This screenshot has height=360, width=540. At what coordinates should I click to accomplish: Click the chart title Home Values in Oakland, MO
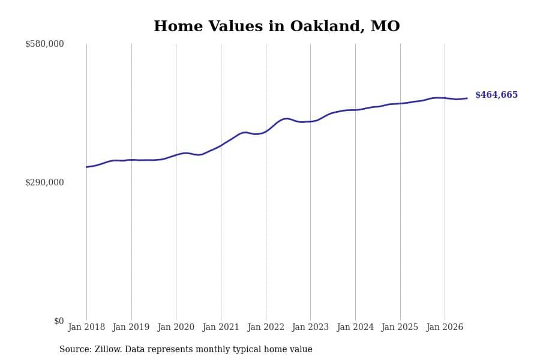(x=277, y=26)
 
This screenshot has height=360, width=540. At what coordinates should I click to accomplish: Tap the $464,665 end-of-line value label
(x=496, y=95)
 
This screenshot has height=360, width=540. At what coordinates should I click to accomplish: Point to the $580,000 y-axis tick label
(x=44, y=44)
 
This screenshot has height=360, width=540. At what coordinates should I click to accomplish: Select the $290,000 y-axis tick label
(x=44, y=182)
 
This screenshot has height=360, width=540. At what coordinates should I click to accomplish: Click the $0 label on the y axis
(x=59, y=321)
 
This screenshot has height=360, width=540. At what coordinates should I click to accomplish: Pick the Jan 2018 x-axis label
(x=86, y=327)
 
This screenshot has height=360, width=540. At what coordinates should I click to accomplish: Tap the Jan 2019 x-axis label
(x=131, y=327)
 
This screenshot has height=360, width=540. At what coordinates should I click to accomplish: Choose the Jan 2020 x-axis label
(x=176, y=327)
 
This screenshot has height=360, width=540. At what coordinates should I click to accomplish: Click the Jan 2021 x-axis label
(x=221, y=327)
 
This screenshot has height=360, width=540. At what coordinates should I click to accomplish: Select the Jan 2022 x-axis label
(x=266, y=327)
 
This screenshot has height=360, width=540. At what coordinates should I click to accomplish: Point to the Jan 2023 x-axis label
(x=310, y=327)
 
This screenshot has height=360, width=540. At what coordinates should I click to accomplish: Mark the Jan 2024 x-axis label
(x=355, y=327)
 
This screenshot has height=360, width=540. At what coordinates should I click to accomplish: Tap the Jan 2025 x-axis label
(x=400, y=327)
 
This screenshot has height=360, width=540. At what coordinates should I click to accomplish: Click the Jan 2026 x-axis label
(x=445, y=327)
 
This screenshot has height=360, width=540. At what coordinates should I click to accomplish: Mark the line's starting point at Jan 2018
(x=86, y=167)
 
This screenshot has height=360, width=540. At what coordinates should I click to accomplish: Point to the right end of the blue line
(x=467, y=98)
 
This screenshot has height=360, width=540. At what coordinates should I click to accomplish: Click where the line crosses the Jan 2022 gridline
(x=266, y=131)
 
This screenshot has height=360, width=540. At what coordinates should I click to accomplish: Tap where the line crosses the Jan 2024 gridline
(x=355, y=110)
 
